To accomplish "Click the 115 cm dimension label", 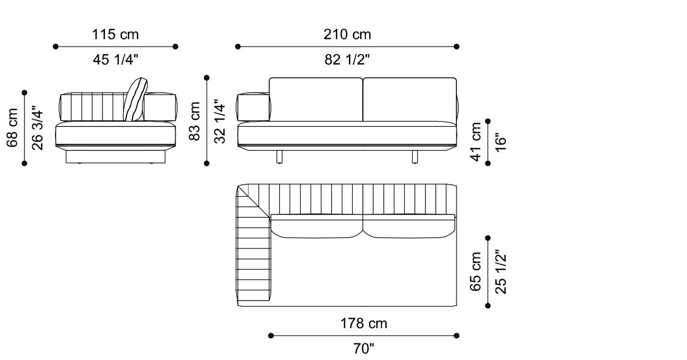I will pyautogui.click(x=115, y=34).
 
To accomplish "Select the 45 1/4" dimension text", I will pyautogui.click(x=115, y=60).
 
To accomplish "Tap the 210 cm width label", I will pyautogui.click(x=347, y=34).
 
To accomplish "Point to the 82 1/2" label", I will pyautogui.click(x=347, y=60).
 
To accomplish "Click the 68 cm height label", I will pyautogui.click(x=12, y=128).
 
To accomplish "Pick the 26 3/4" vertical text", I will pyautogui.click(x=37, y=128).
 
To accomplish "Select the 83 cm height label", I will pyautogui.click(x=195, y=121).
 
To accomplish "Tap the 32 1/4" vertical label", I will pyautogui.click(x=220, y=121).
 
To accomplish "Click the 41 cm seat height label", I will pyautogui.click(x=476, y=141).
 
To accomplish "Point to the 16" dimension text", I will pyautogui.click(x=500, y=141).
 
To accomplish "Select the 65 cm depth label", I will pyautogui.click(x=476, y=272).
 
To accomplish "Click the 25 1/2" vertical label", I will pyautogui.click(x=500, y=272).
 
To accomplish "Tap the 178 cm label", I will pyautogui.click(x=364, y=324).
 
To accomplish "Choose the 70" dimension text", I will pyautogui.click(x=364, y=349).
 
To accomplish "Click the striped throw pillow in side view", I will pyautogui.click(x=135, y=100).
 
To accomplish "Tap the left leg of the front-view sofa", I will pyautogui.click(x=280, y=157).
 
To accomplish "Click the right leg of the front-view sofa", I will pyautogui.click(x=415, y=157).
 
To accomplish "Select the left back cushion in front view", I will pyautogui.click(x=316, y=99).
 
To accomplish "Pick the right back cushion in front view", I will pyautogui.click(x=410, y=99).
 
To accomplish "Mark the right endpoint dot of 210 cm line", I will pyautogui.click(x=456, y=47).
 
